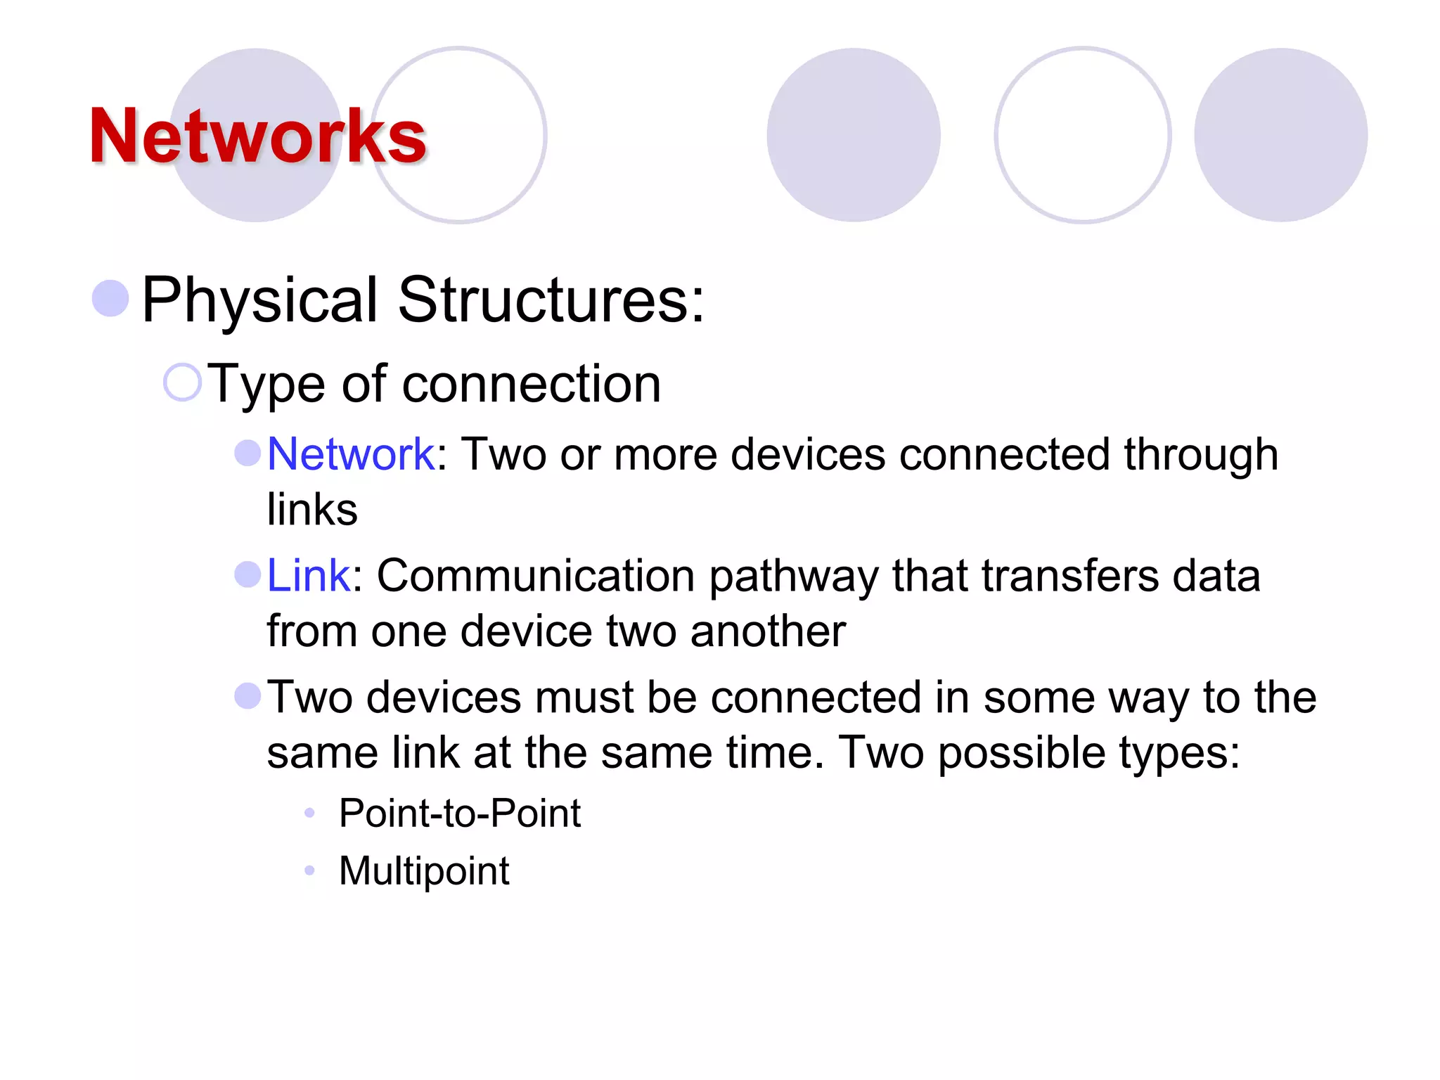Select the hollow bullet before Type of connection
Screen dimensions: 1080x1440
click(182, 382)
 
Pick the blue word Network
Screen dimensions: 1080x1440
click(351, 454)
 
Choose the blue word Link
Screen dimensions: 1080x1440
click(308, 576)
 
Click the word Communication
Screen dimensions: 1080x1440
click(536, 576)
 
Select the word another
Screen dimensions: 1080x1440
click(768, 631)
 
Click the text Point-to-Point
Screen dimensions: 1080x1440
click(460, 814)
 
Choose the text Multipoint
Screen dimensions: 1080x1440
click(424, 871)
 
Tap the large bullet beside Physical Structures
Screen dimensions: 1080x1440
click(111, 298)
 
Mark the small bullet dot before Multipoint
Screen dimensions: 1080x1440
click(309, 871)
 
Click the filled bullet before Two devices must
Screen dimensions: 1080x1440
click(247, 696)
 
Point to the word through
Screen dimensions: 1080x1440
click(1200, 454)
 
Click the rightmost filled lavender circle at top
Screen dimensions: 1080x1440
click(1280, 135)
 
